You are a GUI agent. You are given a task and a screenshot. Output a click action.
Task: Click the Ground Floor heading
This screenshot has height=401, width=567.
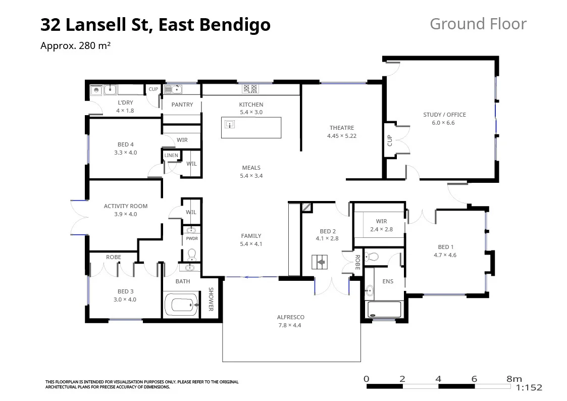[478, 24]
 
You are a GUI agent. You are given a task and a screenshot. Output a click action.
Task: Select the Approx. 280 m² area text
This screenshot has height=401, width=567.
[75, 45]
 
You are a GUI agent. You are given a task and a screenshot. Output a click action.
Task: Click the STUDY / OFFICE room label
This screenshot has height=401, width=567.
[444, 115]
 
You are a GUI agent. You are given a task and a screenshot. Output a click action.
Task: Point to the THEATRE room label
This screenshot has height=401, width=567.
[342, 128]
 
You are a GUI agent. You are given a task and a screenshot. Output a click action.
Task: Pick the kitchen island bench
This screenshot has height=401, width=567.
[251, 127]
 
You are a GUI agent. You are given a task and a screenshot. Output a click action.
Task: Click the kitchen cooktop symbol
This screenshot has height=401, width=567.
[250, 89]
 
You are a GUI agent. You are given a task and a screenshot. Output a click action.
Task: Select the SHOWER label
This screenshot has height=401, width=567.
[211, 299]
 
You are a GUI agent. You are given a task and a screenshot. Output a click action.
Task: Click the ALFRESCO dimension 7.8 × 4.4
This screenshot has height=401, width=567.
[290, 325]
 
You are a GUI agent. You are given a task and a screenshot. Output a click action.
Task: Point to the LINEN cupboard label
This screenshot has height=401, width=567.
[171, 155]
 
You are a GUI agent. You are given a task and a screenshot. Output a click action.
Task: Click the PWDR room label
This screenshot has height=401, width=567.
[192, 238]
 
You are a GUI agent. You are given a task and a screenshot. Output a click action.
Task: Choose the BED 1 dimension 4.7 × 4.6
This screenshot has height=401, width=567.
[445, 255]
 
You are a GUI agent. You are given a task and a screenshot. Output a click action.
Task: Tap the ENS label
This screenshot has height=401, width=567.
[387, 281]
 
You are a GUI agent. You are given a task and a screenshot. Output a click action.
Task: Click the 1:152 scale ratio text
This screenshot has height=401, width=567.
[529, 388]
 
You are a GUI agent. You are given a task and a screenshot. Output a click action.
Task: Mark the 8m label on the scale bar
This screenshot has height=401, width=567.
[514, 379]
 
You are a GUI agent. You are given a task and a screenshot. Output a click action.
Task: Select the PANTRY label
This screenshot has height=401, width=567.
[182, 105]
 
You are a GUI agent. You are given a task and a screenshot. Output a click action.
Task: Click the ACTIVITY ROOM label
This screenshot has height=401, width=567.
[126, 206]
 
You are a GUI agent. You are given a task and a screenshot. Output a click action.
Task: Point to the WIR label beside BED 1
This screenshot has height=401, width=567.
[381, 221]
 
